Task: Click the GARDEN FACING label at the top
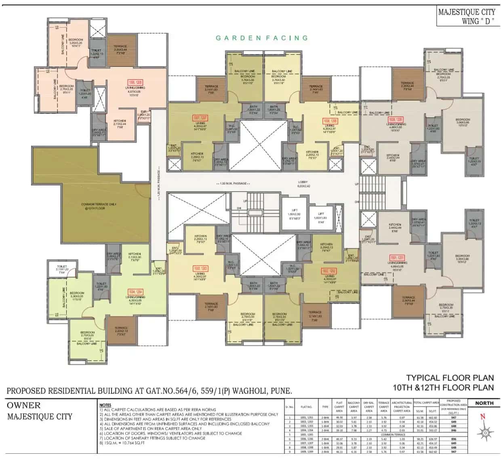click(261, 38)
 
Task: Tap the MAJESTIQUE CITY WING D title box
click(466, 17)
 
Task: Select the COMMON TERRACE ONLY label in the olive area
click(99, 206)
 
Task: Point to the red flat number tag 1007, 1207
click(200, 118)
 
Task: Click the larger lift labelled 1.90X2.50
click(293, 216)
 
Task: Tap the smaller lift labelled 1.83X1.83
click(321, 216)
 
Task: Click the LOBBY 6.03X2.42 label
click(303, 184)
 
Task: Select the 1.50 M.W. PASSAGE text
click(234, 184)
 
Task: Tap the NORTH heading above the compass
click(484, 403)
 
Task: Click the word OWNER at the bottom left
click(24, 405)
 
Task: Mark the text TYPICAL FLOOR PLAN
click(450, 378)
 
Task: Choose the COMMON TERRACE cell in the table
click(393, 435)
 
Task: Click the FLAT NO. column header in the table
click(306, 407)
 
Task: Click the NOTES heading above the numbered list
click(105, 405)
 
